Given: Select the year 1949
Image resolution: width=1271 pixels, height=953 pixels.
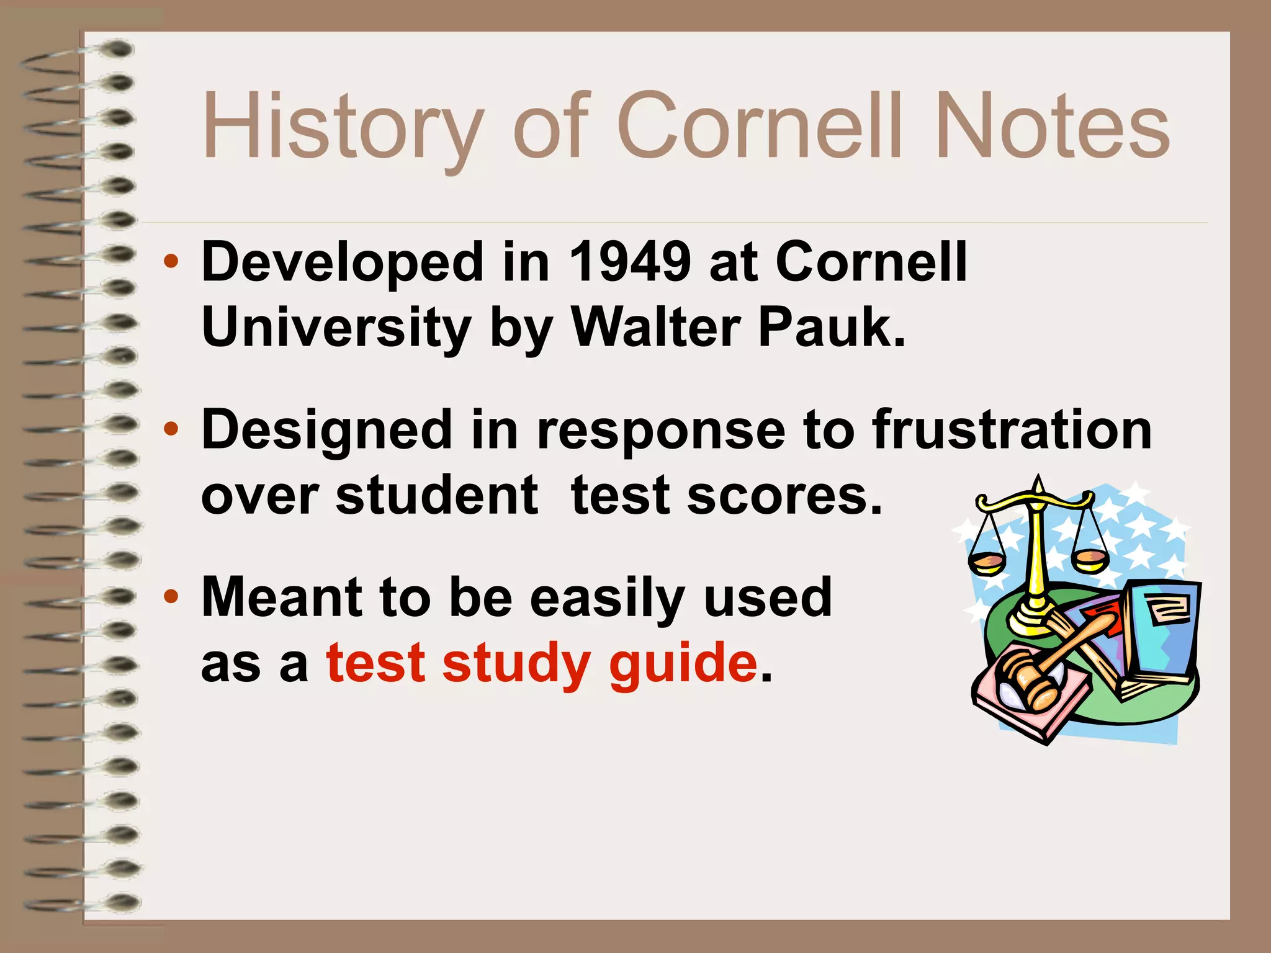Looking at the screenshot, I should (x=629, y=262).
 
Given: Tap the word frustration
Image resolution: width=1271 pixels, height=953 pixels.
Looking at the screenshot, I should (x=1012, y=430).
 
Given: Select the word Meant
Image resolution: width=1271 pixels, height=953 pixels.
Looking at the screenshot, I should (x=282, y=597).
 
